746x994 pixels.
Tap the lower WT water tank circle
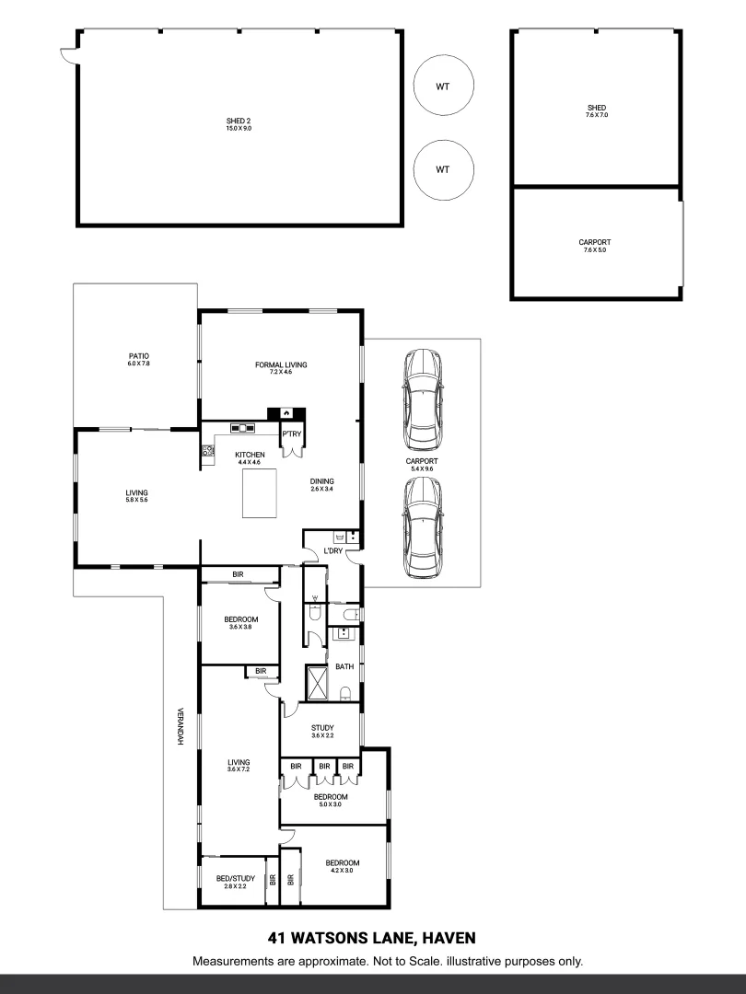[443, 169]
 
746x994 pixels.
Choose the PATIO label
[139, 356]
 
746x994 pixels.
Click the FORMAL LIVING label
[281, 364]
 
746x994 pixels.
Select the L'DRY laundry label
[332, 551]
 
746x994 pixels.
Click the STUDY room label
[321, 727]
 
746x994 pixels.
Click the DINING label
[321, 480]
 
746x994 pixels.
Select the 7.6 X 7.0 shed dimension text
[596, 115]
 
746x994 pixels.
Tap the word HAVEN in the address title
[449, 939]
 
